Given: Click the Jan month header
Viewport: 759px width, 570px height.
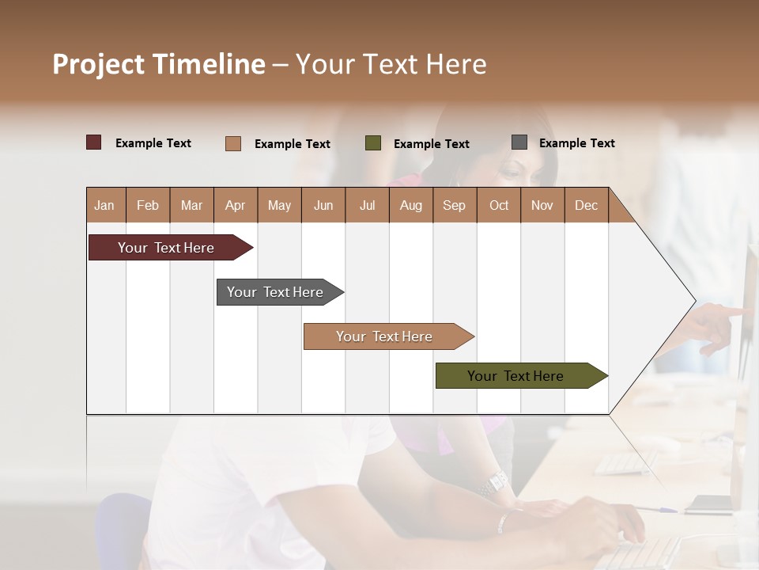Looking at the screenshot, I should point(104,205).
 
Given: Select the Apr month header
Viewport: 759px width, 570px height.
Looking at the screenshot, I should point(235,205).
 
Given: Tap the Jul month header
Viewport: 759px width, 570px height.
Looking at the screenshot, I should point(367,205).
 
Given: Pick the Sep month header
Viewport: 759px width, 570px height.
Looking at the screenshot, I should point(454,205).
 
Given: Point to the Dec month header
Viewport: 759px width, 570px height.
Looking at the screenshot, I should point(586,205).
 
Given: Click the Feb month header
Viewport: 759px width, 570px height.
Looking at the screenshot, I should point(148,205).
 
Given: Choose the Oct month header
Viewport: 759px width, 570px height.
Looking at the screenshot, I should point(499,205).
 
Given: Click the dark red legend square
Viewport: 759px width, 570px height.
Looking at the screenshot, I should point(93,142).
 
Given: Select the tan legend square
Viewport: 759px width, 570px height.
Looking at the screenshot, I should point(233,143).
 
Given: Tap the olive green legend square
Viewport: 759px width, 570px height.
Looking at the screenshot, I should point(373,143).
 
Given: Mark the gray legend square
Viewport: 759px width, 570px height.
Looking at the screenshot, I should point(519,142).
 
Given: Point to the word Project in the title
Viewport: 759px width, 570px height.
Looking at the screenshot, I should point(98,64).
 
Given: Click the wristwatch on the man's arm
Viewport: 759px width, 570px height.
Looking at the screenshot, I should point(496,481).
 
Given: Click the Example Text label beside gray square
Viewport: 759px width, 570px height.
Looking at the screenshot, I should point(576,142).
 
